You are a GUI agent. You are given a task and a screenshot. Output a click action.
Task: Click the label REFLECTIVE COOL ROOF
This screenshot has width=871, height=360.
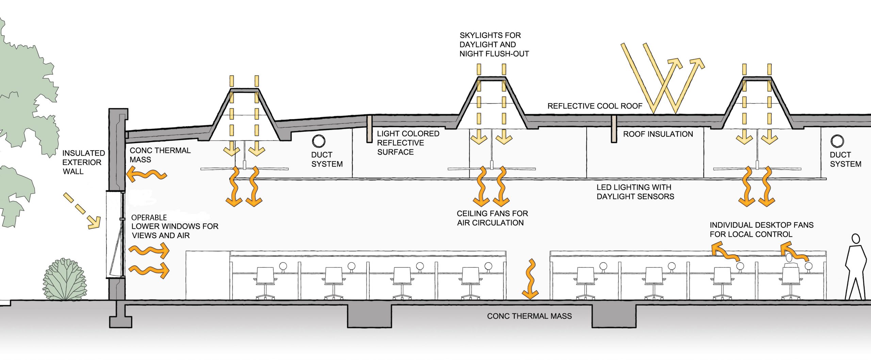tap(594, 106)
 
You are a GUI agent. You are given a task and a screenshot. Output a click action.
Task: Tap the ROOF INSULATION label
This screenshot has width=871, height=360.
tap(658, 134)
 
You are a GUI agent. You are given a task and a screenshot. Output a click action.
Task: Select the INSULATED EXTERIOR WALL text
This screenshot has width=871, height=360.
tap(83, 162)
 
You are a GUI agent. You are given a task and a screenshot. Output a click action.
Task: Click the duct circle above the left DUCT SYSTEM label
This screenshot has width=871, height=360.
tap(319, 141)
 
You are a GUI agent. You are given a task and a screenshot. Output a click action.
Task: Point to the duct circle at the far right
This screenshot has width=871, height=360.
tap(837, 141)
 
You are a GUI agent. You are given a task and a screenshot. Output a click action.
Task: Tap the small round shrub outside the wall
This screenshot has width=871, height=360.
tap(65, 280)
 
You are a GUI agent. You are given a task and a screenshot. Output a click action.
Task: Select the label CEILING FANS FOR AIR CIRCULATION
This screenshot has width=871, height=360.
tap(492, 218)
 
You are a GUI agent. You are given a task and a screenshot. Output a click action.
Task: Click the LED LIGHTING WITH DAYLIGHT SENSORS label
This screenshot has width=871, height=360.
tap(635, 192)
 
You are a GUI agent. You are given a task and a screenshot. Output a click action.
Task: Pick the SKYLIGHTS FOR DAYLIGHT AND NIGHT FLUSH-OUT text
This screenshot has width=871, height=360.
tap(494, 45)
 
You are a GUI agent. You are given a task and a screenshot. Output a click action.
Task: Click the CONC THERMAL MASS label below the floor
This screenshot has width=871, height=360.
tap(529, 316)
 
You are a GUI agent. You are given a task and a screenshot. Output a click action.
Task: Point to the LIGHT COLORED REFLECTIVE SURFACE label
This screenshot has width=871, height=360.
tap(408, 143)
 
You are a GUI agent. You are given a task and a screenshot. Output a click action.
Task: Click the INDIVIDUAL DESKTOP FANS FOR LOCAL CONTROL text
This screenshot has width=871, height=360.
tap(761, 230)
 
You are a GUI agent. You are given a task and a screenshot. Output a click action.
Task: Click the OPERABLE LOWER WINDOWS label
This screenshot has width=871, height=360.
tap(175, 227)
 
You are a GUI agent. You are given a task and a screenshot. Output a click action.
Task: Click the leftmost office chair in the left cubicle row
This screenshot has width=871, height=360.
tap(265, 282)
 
